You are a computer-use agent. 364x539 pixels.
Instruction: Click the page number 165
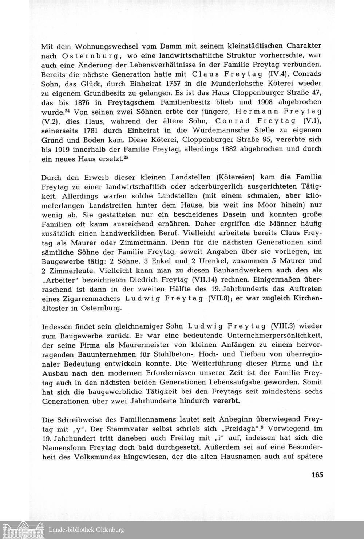point(317,474)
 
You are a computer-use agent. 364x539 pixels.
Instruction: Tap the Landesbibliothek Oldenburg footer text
point(86,530)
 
